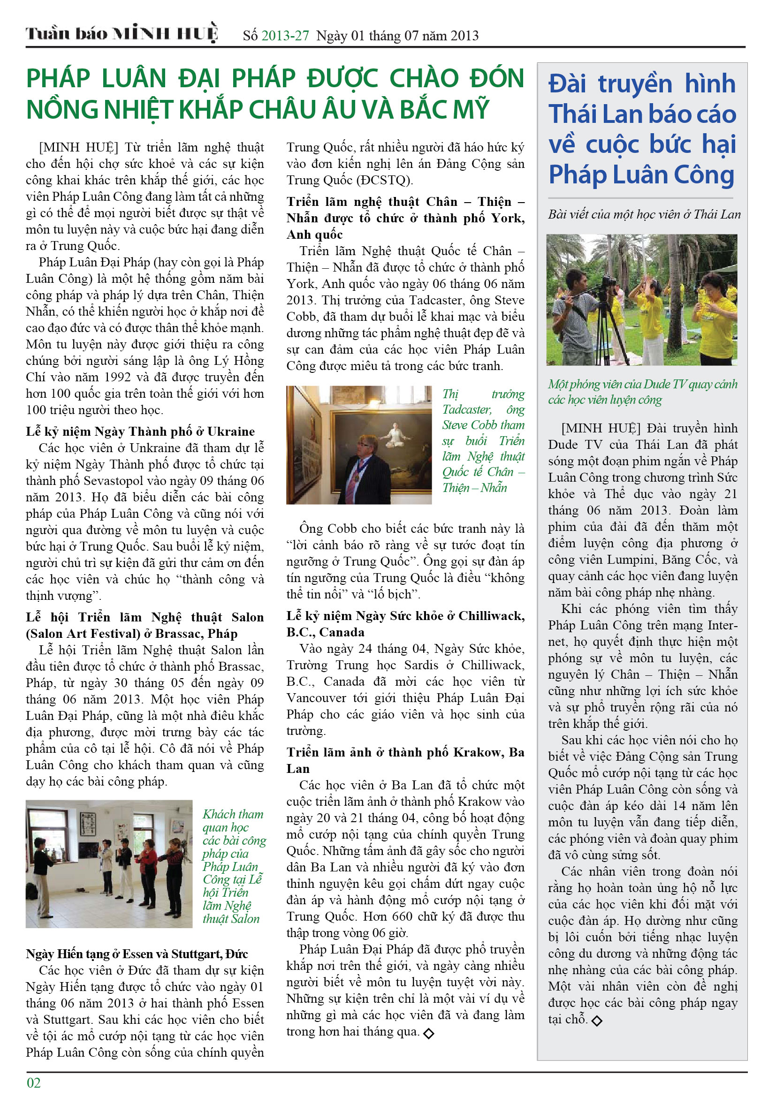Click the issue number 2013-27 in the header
(285, 36)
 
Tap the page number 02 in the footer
(34, 1082)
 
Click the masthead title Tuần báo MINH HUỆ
(122, 33)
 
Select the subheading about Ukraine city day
(140, 431)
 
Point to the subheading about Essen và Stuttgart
(137, 953)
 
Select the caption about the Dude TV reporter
(642, 392)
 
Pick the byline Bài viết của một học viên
(644, 214)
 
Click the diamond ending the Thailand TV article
(597, 1021)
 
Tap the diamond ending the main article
(429, 1033)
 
